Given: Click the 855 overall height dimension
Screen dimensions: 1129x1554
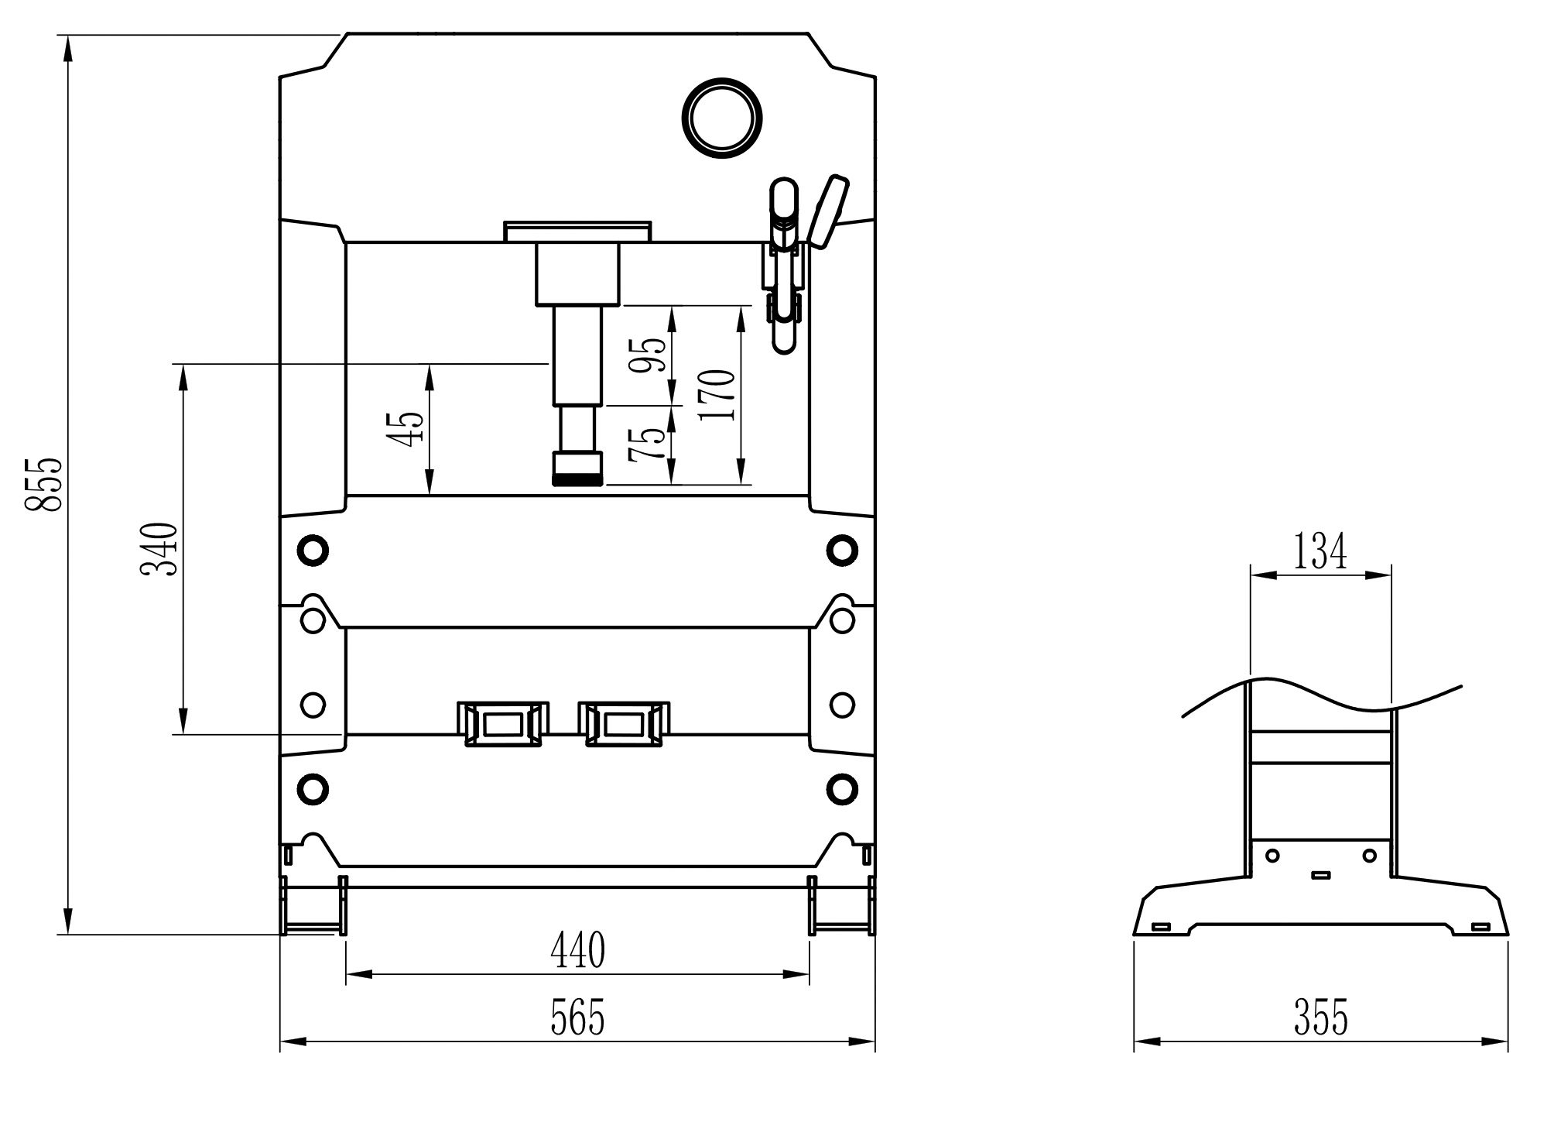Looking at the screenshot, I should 43,485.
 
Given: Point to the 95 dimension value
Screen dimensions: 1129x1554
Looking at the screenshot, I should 647,355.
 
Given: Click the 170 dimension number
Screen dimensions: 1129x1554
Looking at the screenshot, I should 716,395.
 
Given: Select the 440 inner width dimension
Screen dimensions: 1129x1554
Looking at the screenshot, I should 577,951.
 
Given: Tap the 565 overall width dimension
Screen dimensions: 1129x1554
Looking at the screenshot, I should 577,1017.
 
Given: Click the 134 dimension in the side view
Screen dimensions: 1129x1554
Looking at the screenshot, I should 1320,552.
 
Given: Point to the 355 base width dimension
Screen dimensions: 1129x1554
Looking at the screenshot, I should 1320,1017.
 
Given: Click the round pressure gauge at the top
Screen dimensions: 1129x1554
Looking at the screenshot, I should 721,118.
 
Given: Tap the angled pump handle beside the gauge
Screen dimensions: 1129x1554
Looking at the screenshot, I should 827,211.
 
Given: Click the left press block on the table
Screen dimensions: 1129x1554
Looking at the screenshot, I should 503,724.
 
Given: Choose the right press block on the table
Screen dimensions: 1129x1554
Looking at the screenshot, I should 624,724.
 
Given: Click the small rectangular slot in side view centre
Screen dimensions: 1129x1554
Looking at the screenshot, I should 1321,876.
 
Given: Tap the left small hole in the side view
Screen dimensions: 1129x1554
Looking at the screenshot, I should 1272,856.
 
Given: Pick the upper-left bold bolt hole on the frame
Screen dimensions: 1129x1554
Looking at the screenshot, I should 313,551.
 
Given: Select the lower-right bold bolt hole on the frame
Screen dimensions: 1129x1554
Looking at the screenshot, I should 841,789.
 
